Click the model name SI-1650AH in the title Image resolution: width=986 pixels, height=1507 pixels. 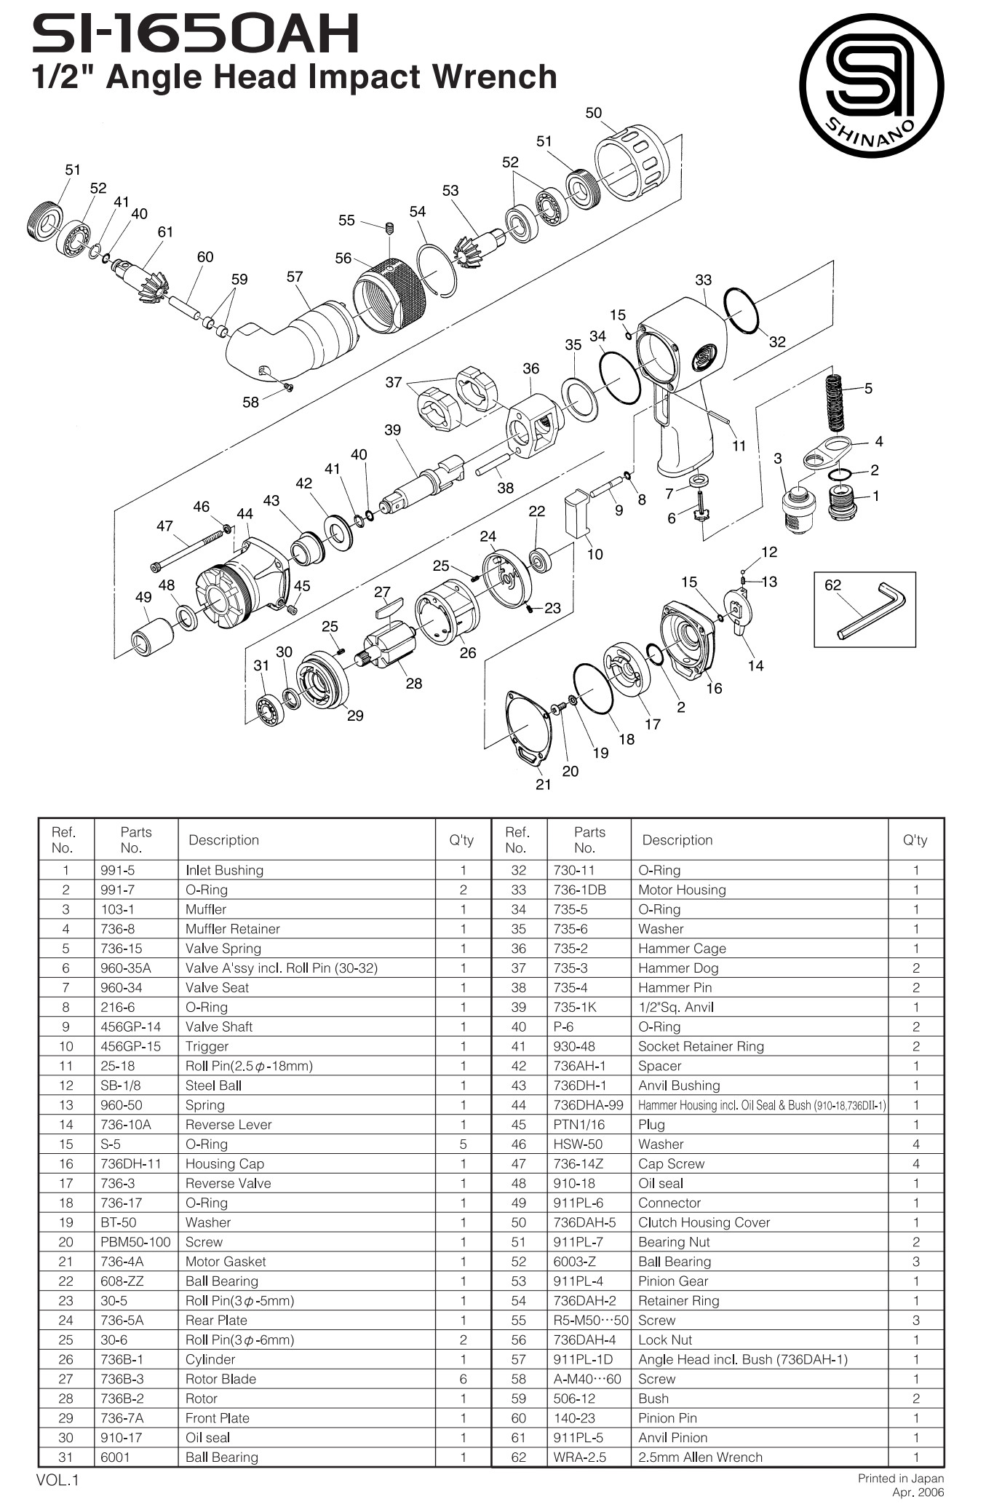point(195,34)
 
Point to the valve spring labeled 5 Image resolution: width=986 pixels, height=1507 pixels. point(837,403)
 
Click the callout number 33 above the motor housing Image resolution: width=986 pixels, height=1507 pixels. point(703,280)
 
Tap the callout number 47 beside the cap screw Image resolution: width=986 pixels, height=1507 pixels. point(164,526)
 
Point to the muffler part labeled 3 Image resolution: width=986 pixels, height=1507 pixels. point(798,507)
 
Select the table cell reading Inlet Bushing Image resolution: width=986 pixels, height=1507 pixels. point(224,870)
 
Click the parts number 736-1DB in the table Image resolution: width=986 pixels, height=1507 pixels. point(579,890)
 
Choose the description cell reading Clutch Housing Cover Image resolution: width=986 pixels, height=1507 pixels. point(704,1222)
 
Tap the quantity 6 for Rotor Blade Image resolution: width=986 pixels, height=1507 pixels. point(463,1379)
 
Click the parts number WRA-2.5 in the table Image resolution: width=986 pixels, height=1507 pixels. point(579,1457)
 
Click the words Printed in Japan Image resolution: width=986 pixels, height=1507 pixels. point(900,1478)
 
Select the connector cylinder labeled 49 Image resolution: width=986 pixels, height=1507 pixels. point(152,635)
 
